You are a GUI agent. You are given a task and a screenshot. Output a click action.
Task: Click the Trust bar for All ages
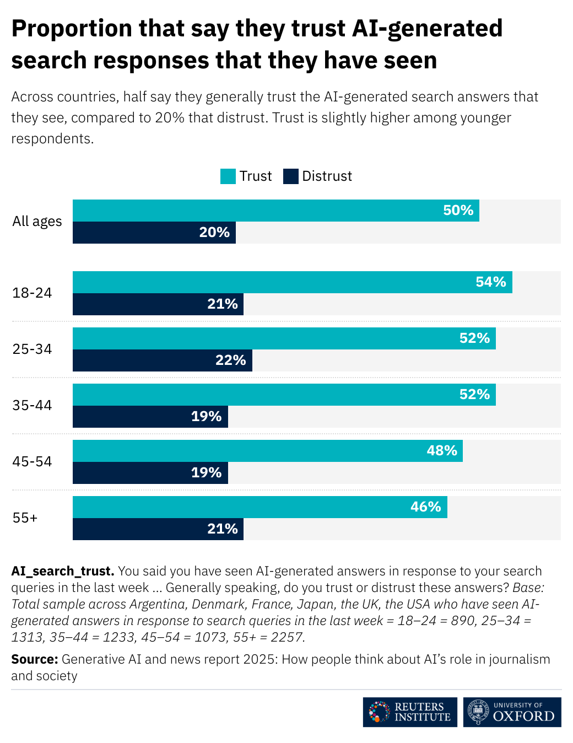pos(275,211)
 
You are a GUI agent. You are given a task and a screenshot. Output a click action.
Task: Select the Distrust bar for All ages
pos(154,233)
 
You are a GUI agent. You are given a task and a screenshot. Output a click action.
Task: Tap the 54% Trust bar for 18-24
pos(292,282)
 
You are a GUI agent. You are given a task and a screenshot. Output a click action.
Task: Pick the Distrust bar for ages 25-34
pos(163,360)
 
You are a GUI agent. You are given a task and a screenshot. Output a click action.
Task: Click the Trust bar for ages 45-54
pos(267,451)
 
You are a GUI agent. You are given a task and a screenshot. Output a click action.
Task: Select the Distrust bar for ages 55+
pos(158,529)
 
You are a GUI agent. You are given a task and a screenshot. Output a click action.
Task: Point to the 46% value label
pos(425,507)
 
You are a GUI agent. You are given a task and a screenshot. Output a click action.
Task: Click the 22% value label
pos(230,360)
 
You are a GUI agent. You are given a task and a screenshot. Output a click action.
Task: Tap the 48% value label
pos(442,451)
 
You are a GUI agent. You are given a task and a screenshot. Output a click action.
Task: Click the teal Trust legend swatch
pos(228,176)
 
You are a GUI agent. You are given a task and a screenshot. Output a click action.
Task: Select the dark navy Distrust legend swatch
pos(291,176)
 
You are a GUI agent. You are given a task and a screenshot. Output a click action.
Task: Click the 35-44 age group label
pos(32,406)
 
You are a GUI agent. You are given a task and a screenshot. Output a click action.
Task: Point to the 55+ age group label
pos(25,518)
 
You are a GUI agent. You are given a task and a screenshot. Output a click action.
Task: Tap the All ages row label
pos(37,222)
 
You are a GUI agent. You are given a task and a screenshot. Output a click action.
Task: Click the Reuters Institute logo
pos(410,712)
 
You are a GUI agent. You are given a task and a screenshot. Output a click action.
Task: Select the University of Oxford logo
pos(512,712)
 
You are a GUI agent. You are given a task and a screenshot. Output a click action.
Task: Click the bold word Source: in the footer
pos(34,660)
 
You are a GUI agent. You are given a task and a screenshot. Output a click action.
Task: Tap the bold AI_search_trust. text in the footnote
pos(62,571)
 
